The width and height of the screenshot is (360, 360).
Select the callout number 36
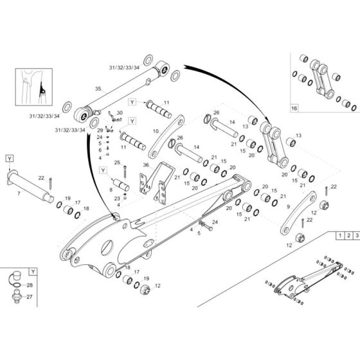click(145, 165)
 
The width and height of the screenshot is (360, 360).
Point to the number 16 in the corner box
click(294, 109)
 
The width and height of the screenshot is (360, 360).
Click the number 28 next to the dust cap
click(30, 284)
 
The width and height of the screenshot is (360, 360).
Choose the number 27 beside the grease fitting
click(30, 297)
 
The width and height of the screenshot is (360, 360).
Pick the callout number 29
click(100, 130)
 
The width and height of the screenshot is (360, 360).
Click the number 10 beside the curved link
click(155, 130)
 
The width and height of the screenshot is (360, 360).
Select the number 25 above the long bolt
click(117, 162)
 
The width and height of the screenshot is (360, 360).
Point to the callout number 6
click(100, 150)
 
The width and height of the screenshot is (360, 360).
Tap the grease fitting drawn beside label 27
click(13, 298)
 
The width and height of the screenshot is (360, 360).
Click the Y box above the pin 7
click(10, 158)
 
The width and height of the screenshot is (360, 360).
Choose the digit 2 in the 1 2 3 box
click(347, 237)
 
